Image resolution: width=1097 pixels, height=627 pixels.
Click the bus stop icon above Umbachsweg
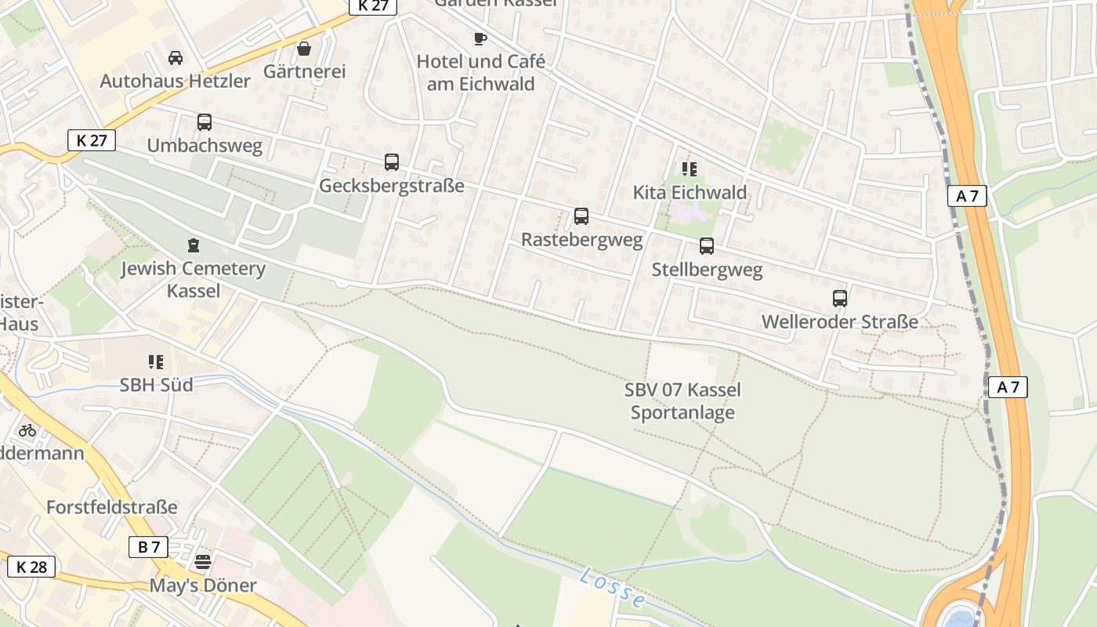205,122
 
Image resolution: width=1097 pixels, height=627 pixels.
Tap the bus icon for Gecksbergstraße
392,162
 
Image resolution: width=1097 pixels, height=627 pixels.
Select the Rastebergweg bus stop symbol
581,216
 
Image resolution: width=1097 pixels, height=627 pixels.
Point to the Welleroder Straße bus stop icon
840,299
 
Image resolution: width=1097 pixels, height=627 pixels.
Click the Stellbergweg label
707,270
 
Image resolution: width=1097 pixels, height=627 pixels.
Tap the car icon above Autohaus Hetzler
176,57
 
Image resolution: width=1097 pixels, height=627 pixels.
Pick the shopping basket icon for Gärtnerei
304,49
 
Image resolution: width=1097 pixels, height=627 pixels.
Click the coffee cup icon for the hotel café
480,38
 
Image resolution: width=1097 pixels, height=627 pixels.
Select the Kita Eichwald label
690,192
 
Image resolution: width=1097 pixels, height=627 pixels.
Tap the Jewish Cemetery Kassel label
193,280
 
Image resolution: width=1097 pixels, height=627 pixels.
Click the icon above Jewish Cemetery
194,245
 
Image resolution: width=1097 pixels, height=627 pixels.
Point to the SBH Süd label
156,385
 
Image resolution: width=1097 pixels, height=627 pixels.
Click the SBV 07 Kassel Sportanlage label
682,401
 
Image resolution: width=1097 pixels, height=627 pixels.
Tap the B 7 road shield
148,547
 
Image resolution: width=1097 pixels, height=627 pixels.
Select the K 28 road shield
31,567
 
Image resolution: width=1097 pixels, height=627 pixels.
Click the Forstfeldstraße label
112,507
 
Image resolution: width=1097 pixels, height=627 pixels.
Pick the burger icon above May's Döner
203,561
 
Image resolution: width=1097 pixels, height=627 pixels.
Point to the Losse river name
614,588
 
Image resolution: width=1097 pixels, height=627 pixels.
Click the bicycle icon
27,429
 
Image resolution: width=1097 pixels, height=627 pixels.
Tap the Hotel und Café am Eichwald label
480,73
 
